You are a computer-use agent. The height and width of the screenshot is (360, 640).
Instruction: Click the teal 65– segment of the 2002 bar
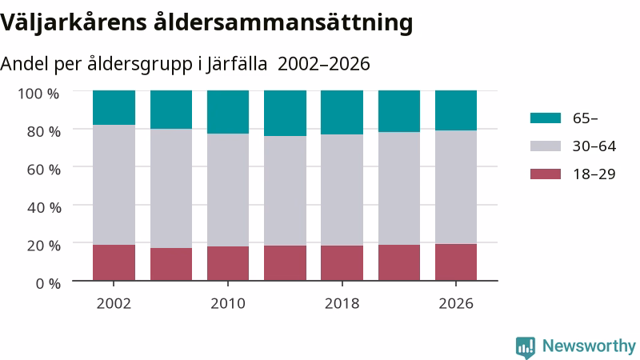click(x=114, y=108)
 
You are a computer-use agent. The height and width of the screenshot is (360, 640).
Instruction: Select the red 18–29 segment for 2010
click(x=228, y=263)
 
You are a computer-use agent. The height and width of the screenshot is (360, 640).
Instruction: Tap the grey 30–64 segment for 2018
click(x=342, y=190)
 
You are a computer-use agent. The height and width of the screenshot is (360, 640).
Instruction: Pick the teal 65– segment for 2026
click(x=456, y=110)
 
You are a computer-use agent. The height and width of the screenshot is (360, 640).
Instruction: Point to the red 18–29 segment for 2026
click(x=456, y=262)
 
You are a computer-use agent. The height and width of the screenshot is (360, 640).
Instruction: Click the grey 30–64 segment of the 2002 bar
click(x=114, y=185)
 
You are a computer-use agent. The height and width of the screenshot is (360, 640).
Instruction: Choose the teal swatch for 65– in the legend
click(x=546, y=118)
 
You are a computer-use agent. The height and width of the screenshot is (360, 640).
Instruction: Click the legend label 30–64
click(x=594, y=146)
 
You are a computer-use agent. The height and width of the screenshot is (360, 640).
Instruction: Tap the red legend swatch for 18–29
click(x=546, y=174)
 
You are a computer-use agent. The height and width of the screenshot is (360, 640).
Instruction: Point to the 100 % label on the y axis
click(x=38, y=94)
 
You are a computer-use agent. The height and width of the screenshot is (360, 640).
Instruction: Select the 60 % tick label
click(x=44, y=170)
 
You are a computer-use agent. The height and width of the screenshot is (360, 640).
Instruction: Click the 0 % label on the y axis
click(x=48, y=283)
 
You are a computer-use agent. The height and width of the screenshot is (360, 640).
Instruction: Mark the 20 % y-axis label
click(x=44, y=246)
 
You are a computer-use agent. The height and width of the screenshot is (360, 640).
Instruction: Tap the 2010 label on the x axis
click(x=228, y=304)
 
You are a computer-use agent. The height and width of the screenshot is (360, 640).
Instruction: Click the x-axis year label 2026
click(x=456, y=304)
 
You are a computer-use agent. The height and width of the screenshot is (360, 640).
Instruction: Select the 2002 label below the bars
click(x=114, y=304)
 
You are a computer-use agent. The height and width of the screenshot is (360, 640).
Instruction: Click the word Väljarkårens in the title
click(x=74, y=22)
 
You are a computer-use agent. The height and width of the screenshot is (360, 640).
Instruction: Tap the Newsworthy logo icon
click(x=526, y=347)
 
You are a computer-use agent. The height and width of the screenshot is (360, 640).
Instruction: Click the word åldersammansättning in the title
click(x=283, y=22)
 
